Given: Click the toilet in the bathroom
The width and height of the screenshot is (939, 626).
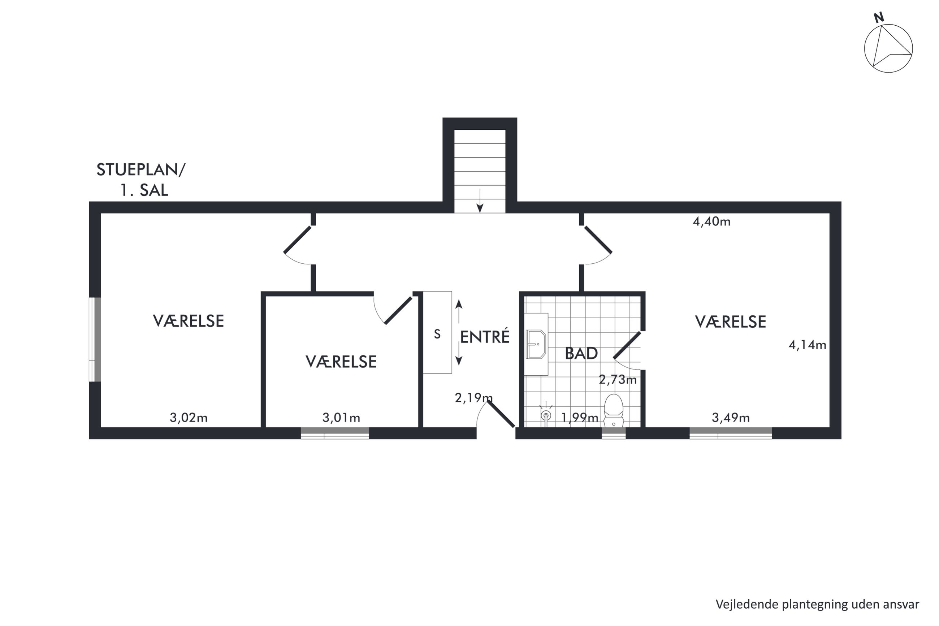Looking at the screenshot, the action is coord(613,411).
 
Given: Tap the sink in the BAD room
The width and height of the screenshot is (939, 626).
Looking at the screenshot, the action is coord(536,344).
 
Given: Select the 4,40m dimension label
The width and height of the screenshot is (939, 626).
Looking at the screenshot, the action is coord(711,221).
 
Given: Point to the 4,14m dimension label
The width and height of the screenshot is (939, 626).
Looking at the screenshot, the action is coord(807,345).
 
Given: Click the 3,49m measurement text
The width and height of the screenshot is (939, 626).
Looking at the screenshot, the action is coord(731,418).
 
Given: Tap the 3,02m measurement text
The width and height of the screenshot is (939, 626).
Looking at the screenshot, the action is coord(189,418).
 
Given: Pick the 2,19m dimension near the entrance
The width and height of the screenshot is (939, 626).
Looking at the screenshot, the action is coord(474,398).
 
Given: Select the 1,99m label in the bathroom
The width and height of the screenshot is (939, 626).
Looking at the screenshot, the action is coord(579,418).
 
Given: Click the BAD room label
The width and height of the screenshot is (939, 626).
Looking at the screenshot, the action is coord(581,354).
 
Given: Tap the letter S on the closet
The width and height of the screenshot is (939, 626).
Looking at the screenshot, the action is coord(437,334).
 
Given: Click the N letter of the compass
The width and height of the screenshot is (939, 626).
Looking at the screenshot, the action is coord(879,18).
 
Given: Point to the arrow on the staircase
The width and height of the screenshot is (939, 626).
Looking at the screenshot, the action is coord(480,200).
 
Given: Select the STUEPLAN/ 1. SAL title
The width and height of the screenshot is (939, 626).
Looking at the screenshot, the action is coord(141,180).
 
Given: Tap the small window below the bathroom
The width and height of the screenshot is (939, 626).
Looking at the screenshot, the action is coord(613,433).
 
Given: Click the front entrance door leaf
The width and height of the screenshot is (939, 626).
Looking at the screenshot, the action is coord(501,414).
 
